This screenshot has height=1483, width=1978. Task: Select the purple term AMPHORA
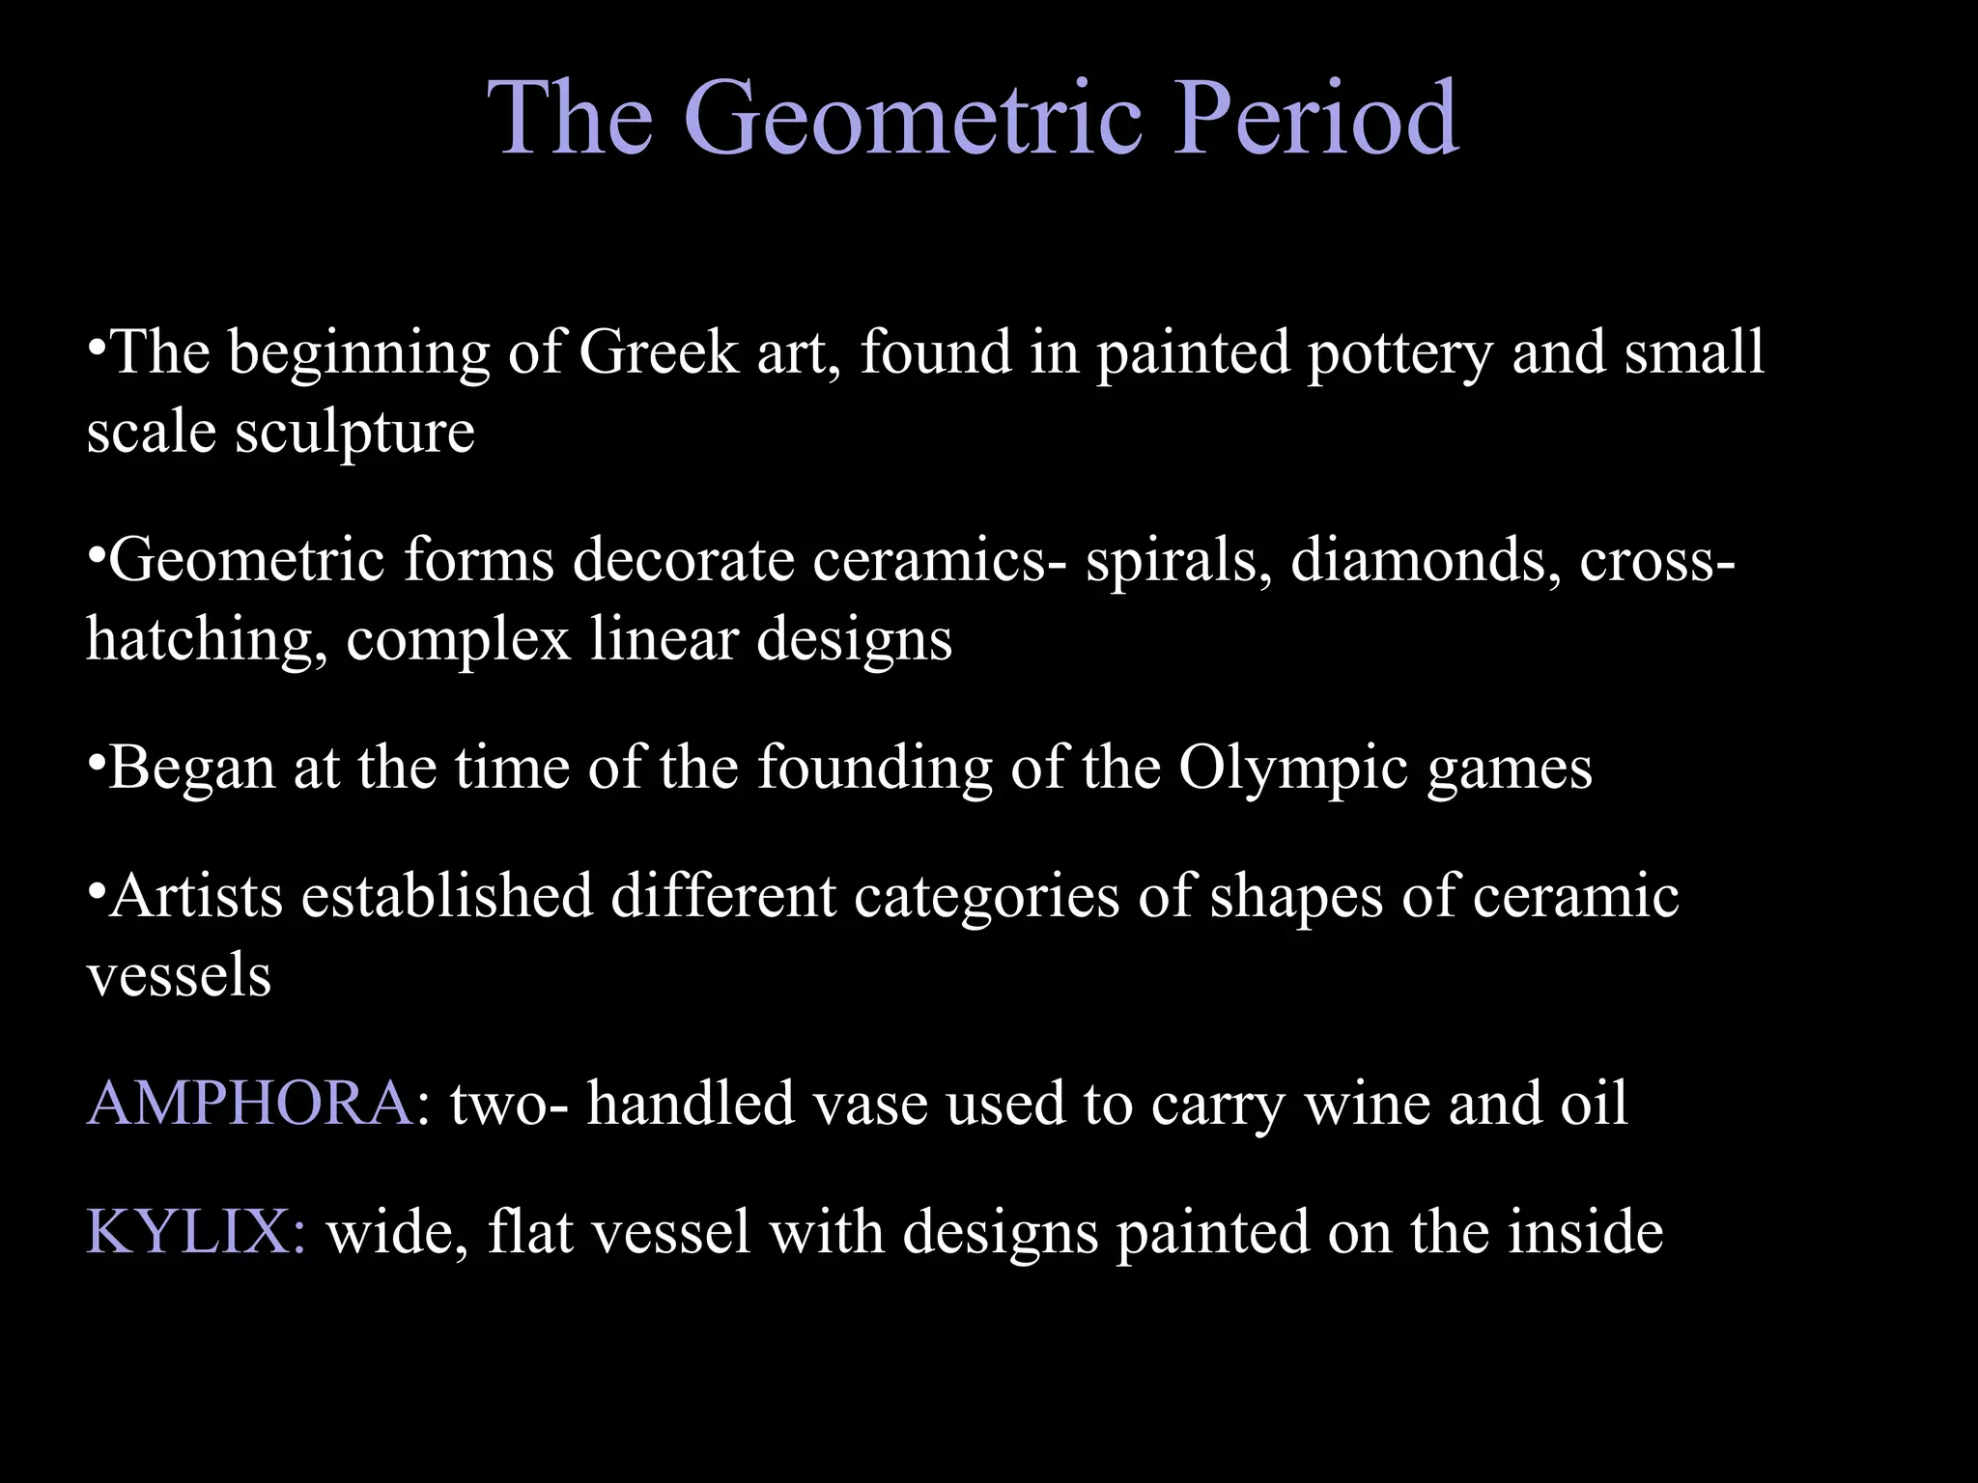tap(250, 1103)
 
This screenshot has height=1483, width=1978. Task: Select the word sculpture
tap(354, 433)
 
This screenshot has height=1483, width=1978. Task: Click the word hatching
tap(207, 640)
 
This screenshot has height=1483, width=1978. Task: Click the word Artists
tap(196, 896)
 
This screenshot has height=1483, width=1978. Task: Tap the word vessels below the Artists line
tap(179, 975)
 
